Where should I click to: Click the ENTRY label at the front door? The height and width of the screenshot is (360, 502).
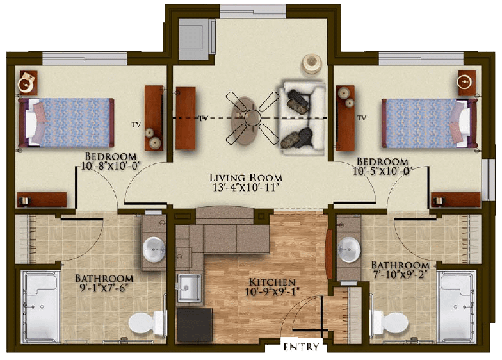click(x=301, y=347)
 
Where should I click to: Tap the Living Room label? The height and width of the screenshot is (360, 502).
click(x=246, y=177)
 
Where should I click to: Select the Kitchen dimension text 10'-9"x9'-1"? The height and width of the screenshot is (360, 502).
click(x=272, y=292)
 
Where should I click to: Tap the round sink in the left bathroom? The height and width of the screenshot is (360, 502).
click(x=154, y=249)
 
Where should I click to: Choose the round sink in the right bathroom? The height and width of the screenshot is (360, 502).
click(x=348, y=249)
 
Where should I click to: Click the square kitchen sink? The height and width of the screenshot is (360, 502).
click(x=189, y=288)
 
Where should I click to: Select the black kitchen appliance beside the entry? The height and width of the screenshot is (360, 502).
click(x=195, y=325)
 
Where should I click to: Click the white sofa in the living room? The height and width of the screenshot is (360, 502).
click(x=302, y=119)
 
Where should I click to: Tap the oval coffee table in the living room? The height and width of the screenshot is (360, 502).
click(x=245, y=120)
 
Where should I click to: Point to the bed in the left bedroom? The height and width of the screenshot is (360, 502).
click(x=67, y=122)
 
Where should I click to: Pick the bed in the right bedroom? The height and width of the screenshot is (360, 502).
click(x=429, y=123)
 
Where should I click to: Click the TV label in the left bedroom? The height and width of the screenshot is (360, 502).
click(x=136, y=124)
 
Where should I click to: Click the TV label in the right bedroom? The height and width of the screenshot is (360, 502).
click(x=362, y=118)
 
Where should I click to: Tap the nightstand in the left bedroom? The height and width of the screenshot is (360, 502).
click(x=28, y=83)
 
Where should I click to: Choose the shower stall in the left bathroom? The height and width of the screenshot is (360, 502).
click(x=41, y=306)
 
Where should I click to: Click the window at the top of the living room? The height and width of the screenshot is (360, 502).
click(x=253, y=12)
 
